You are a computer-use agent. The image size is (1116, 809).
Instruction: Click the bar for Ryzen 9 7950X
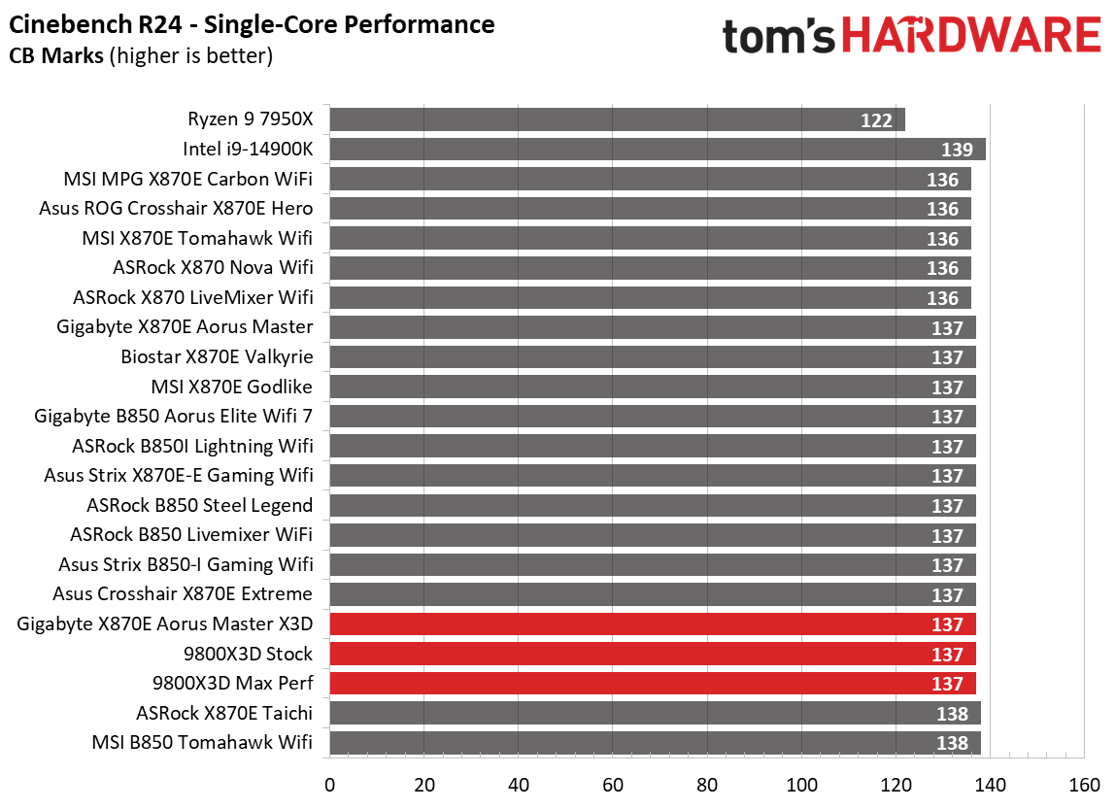[x=617, y=119]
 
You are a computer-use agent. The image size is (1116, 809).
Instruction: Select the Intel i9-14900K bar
[x=658, y=150]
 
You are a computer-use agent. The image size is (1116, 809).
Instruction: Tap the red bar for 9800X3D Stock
[x=653, y=654]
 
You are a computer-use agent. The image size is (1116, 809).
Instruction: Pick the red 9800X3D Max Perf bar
[x=653, y=684]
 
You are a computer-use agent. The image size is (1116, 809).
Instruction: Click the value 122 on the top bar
[x=876, y=120]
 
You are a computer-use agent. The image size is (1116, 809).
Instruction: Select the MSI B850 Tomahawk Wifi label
[x=202, y=743]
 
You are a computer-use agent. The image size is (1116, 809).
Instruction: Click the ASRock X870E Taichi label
[x=224, y=713]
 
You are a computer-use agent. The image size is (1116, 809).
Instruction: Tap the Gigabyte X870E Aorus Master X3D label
[x=165, y=624]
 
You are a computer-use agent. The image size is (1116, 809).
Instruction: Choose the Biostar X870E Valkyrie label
[x=217, y=356]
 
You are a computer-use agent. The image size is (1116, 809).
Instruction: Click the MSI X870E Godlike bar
[x=653, y=387]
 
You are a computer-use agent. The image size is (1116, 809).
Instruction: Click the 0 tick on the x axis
[x=330, y=785]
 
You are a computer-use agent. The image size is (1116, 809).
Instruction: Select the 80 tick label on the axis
[x=707, y=785]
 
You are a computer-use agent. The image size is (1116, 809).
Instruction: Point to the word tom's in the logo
[x=778, y=36]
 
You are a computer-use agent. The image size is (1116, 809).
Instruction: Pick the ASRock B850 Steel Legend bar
[x=653, y=505]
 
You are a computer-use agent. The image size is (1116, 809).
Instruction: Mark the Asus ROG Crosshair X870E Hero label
[x=176, y=208]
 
